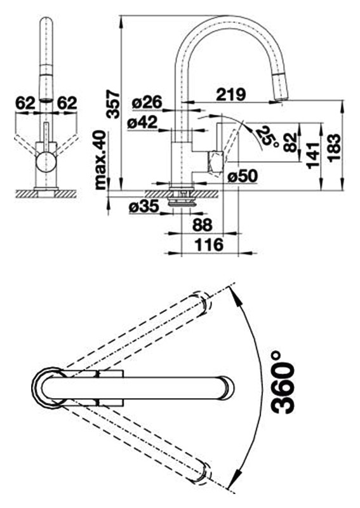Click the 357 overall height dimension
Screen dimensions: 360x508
point(114,105)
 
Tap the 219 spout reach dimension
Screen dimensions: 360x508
point(231,95)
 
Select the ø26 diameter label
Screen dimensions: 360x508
point(147,103)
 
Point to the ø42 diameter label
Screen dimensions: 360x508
point(143,123)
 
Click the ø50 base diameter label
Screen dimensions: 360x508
point(243,177)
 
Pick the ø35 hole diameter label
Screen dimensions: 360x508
point(144,206)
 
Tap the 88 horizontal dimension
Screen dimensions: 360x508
point(203,225)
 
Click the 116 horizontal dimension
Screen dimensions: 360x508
point(209,244)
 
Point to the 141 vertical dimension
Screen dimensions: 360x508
point(314,156)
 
